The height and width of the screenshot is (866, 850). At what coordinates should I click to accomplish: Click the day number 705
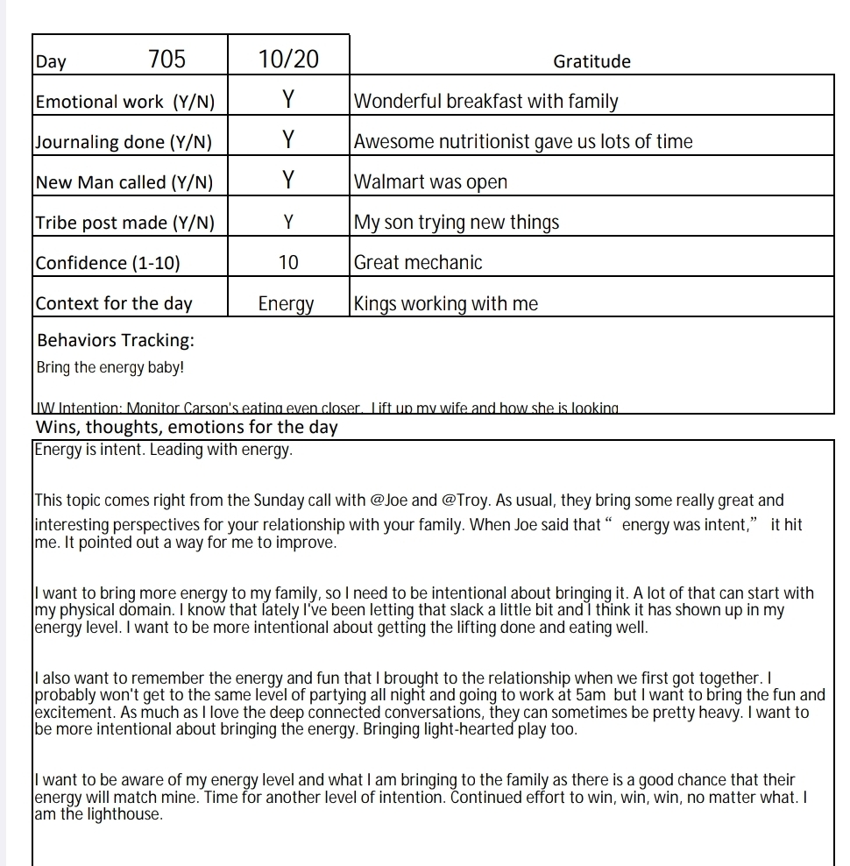(166, 60)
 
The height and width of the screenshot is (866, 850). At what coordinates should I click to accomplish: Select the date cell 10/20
(288, 60)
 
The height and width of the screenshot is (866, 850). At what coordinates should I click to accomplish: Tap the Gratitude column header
(591, 61)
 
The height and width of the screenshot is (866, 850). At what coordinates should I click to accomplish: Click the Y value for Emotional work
(287, 101)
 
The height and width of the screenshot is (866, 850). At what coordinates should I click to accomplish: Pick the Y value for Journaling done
(287, 140)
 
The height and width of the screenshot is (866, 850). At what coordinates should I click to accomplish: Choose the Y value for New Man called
(287, 181)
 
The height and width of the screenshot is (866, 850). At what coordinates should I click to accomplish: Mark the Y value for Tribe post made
(287, 223)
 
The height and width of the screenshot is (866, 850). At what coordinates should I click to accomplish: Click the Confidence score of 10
(287, 262)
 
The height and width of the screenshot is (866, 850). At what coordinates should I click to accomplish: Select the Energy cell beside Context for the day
(287, 304)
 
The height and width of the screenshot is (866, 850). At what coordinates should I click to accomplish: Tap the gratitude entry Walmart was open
(430, 182)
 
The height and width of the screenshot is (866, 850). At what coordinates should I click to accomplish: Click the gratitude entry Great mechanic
(418, 262)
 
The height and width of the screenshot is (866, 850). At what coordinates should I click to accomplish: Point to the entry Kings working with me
(445, 304)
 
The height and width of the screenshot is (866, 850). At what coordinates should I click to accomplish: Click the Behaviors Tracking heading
(116, 340)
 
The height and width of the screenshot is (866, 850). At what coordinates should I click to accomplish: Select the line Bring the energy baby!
(110, 367)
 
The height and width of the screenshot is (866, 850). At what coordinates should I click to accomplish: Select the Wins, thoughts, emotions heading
(187, 428)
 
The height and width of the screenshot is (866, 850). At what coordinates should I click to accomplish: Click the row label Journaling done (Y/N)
(124, 142)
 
